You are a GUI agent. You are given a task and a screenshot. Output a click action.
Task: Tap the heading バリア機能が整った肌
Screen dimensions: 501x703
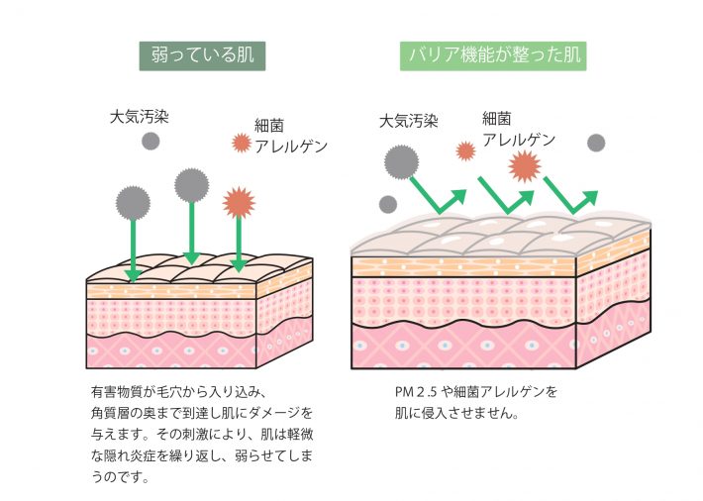coord(492,54)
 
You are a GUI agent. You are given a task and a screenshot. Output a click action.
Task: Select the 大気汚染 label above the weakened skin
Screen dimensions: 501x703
coord(139,116)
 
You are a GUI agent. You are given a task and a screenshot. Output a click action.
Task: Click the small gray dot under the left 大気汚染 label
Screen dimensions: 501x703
coord(151,141)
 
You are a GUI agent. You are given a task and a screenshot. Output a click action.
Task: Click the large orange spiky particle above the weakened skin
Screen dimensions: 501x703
coord(239,202)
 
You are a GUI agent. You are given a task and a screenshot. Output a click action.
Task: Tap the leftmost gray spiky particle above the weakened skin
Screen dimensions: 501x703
coord(133,203)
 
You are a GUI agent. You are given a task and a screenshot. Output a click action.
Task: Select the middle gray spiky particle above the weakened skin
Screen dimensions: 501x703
coord(192,185)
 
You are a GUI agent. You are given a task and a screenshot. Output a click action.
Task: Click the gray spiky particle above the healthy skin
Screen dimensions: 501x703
coord(401,159)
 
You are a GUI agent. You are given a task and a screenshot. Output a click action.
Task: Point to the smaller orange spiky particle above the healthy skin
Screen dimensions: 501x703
coord(465,150)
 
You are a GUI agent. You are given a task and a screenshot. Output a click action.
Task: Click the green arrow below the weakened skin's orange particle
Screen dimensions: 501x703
coord(239,243)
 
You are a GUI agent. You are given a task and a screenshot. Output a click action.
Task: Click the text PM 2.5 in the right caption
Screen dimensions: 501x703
coord(416,392)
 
